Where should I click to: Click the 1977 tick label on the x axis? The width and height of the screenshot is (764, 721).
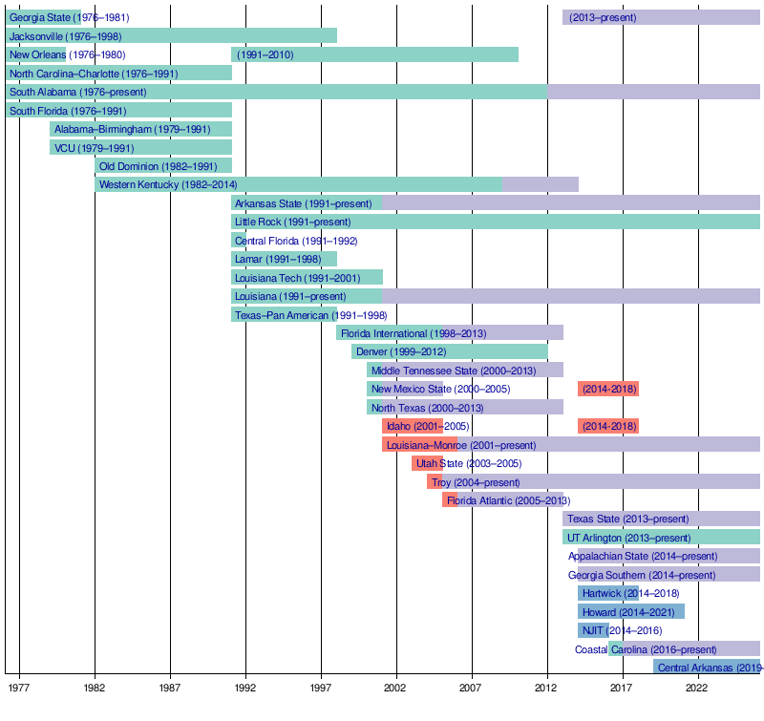(x=20, y=688)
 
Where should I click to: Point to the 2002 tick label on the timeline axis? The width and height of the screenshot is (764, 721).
(x=396, y=688)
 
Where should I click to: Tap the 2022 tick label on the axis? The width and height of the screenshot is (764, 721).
(x=698, y=688)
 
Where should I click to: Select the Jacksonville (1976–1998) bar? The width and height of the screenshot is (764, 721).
(x=171, y=35)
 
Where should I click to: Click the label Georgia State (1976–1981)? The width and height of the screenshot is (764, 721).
(x=69, y=17)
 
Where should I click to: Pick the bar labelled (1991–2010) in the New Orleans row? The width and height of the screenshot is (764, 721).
(x=374, y=54)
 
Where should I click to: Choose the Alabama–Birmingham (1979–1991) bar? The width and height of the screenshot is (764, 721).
(x=140, y=129)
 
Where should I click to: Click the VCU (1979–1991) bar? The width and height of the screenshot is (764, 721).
(x=140, y=148)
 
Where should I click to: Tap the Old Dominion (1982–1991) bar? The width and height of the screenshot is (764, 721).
(x=163, y=166)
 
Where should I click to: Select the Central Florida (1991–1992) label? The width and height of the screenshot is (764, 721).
(x=296, y=241)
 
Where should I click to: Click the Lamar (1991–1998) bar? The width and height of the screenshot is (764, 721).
(x=284, y=259)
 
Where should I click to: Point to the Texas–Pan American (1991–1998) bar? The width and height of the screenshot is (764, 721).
(x=284, y=315)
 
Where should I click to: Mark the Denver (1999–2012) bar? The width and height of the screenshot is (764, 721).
(x=449, y=351)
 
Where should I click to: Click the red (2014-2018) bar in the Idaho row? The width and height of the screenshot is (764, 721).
(x=608, y=426)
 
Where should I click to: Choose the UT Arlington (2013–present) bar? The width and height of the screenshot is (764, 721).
(x=661, y=538)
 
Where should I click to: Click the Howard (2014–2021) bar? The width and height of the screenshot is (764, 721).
(x=631, y=611)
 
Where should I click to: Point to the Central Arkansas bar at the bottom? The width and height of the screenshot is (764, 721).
(x=707, y=668)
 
